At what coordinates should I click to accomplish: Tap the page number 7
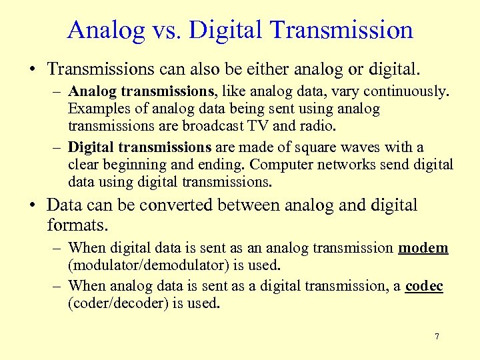coord(437,337)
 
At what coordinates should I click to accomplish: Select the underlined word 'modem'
coord(423,248)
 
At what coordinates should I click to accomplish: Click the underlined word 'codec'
coord(424,286)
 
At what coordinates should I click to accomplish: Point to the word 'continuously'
coord(397,92)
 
